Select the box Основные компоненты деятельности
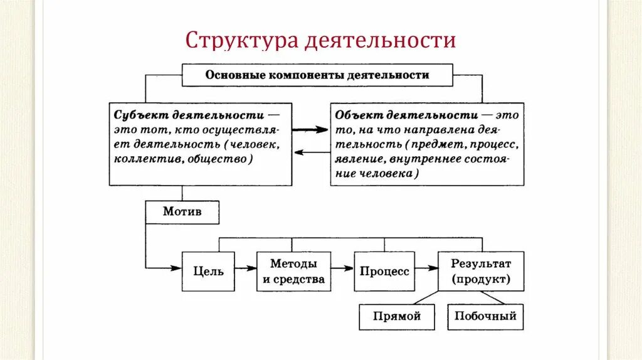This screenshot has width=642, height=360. [317, 75]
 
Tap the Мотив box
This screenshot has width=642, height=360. [182, 212]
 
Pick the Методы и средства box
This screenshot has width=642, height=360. [293, 272]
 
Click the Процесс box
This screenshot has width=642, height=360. [384, 272]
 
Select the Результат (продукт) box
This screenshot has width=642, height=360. [481, 272]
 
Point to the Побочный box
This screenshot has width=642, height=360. [485, 316]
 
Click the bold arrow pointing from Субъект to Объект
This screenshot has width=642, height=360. [311, 129]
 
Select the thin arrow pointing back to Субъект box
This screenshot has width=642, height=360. [311, 152]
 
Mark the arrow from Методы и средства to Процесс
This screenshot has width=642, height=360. [342, 269]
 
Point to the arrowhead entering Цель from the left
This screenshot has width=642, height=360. [177, 269]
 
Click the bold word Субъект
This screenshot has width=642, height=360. [138, 116]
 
